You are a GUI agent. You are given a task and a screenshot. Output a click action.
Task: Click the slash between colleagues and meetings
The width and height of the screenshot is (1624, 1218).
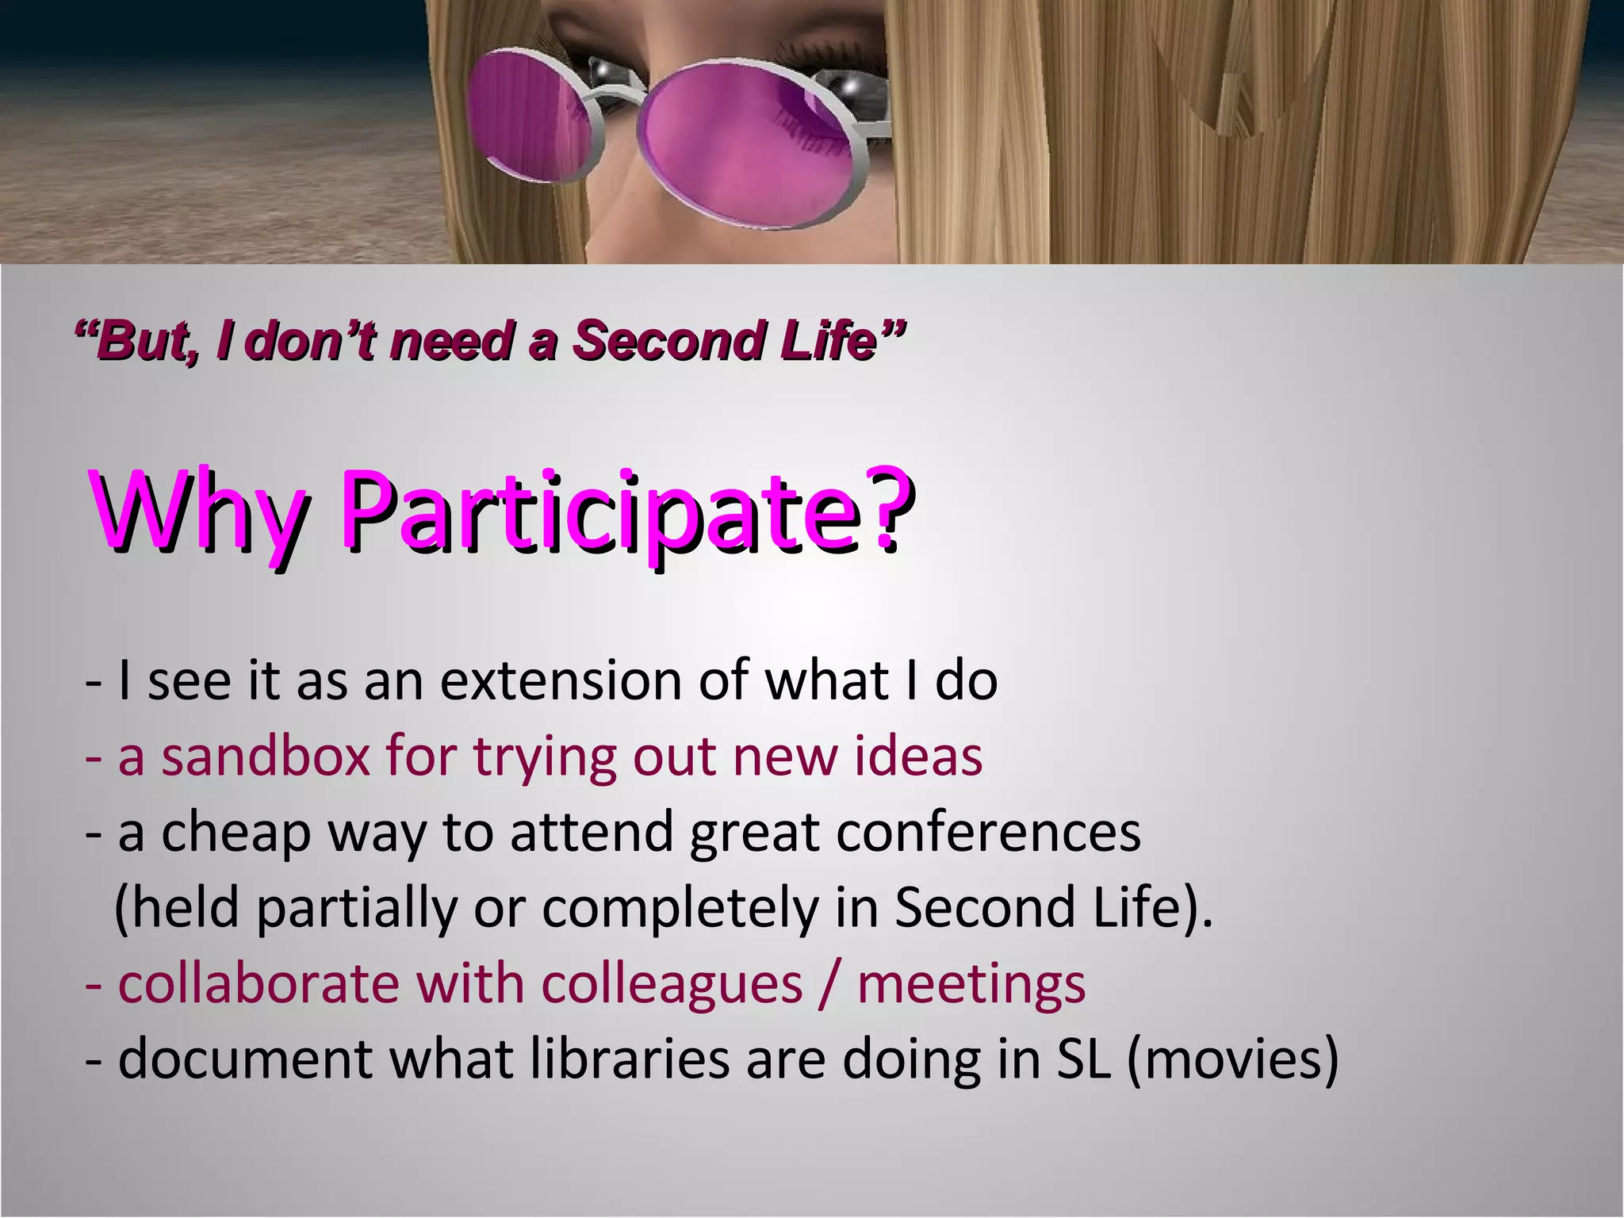[x=829, y=985]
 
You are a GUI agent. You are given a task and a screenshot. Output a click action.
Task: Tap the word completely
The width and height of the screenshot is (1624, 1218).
[x=680, y=909]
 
